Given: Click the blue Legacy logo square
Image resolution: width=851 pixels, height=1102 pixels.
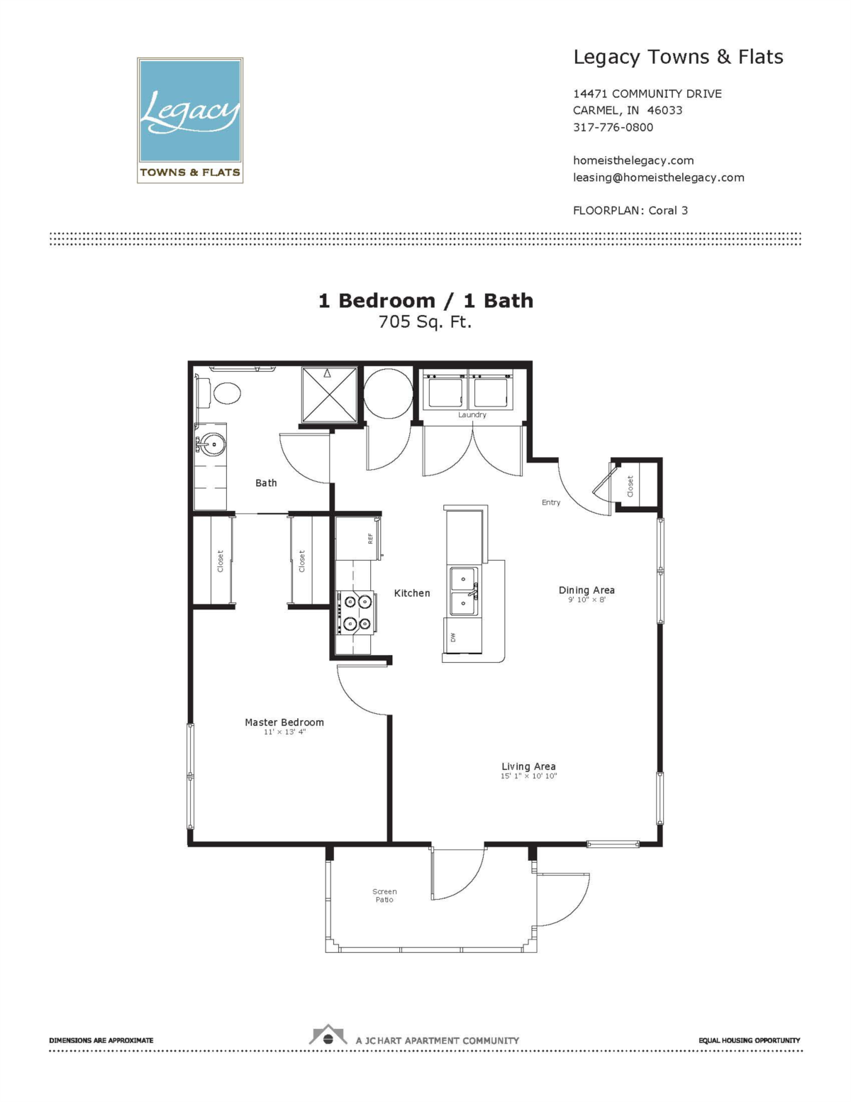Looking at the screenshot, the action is pos(190,111).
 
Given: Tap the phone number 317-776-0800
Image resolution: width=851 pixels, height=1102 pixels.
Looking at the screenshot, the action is pos(613,127).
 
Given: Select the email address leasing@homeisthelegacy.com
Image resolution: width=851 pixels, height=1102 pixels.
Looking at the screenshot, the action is pos(658,177).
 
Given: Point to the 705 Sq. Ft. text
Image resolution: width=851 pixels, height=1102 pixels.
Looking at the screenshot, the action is pos(425,322).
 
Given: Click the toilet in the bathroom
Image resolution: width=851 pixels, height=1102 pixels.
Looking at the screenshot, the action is pos(218,392).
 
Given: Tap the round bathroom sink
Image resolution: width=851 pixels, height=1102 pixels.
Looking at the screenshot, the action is pos(212,445).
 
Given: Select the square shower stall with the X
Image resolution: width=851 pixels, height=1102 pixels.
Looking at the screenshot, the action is pos(330,395).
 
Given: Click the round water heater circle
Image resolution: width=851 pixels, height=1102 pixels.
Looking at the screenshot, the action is pos(388,393).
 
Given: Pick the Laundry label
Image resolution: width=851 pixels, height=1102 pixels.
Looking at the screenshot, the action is pos(472,415).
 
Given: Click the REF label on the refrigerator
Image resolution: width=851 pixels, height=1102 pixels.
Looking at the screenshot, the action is pos(370,539).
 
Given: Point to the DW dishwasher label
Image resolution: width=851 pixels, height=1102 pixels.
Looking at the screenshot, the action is pos(453,637).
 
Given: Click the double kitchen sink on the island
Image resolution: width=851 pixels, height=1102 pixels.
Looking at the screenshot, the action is pos(463,591).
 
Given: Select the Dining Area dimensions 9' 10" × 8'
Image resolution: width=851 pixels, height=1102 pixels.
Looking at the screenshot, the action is pos(586,600).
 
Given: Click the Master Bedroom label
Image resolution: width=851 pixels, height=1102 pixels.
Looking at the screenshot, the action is pos(284,722).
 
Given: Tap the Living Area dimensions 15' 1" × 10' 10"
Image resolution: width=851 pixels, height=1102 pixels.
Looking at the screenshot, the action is pos(528,776).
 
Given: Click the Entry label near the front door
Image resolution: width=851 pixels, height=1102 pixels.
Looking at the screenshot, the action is pos(551,502).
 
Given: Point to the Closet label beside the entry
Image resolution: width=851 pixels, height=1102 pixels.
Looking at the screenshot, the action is pos(630,486).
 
